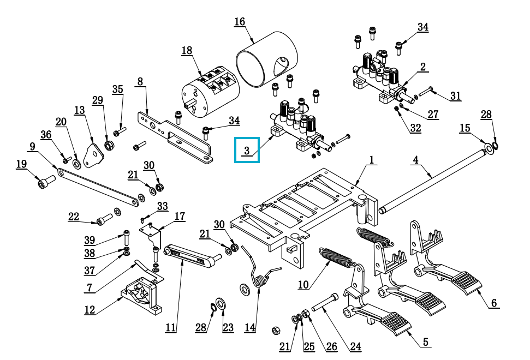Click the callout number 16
[x=240, y=22]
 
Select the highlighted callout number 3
[x=247, y=150]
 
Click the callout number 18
[x=187, y=51]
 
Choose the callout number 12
[x=90, y=310]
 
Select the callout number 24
[x=355, y=346]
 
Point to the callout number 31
[x=455, y=96]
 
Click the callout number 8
[x=140, y=82]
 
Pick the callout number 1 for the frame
[x=372, y=160]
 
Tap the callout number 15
[x=465, y=128]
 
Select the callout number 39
[x=90, y=241]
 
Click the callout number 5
[x=425, y=343]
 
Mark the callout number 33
[x=163, y=206]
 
